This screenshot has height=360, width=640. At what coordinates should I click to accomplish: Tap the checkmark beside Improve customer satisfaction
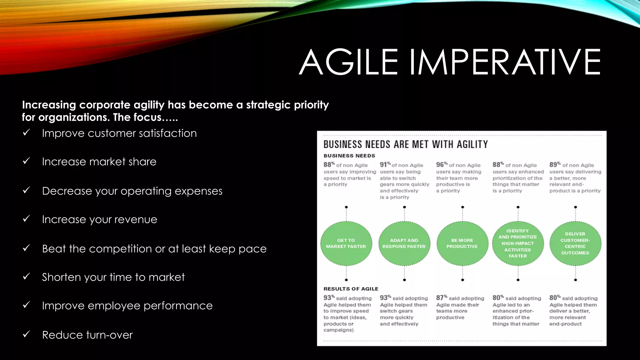pos(27,132)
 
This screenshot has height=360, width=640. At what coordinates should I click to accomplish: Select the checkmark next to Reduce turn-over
pos(27,334)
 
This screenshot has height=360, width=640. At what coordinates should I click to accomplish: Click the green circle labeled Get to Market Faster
pos(346,243)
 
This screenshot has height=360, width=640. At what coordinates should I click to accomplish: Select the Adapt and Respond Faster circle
pos(404,243)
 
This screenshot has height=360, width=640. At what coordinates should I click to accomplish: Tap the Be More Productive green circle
pos(462,243)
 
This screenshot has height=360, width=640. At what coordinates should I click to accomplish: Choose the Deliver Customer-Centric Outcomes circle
pos(575,243)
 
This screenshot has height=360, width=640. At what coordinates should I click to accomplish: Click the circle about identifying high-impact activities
pos(517,243)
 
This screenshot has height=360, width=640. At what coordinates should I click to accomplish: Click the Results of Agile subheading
pos(351,289)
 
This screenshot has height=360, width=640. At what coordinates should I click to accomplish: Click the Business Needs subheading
pos(349,156)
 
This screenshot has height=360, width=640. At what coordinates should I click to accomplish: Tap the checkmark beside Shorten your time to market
pos(27,276)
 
